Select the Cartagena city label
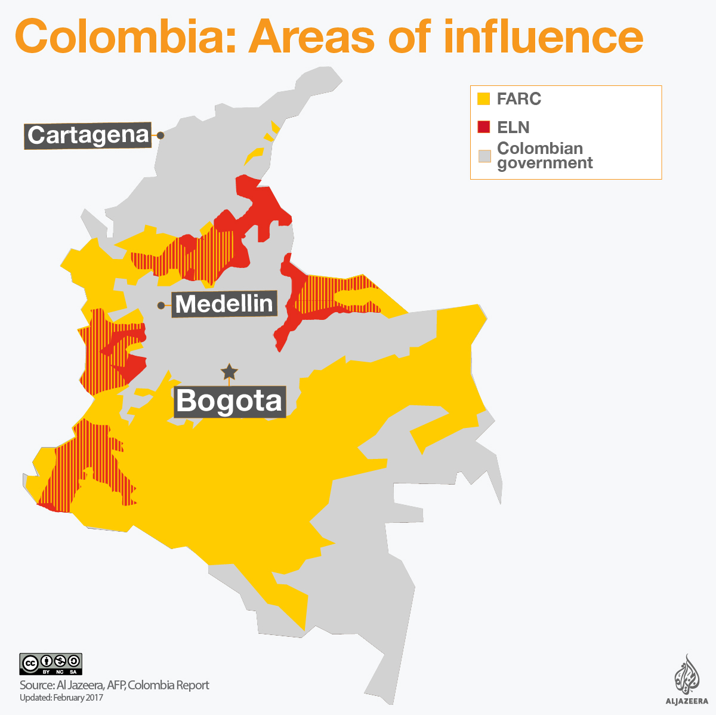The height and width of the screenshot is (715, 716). (x=88, y=135)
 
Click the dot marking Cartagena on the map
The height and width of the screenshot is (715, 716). (x=160, y=135)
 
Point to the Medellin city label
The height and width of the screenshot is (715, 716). (x=224, y=304)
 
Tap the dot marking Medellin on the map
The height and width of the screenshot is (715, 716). (x=161, y=306)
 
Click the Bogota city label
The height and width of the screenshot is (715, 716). (x=230, y=400)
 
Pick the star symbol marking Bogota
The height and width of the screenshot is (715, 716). (x=229, y=372)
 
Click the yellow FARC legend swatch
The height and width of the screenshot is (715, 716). (x=483, y=98)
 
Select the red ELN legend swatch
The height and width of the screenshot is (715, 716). (x=483, y=127)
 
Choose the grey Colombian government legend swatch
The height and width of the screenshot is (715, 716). (x=484, y=156)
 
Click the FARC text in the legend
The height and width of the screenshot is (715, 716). (x=519, y=98)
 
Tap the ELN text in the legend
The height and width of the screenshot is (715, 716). (x=513, y=127)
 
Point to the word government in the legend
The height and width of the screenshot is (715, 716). (x=545, y=164)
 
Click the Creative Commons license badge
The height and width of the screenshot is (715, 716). (x=51, y=664)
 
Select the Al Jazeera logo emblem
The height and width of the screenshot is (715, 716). (x=686, y=674)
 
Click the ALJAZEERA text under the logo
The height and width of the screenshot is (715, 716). (x=686, y=701)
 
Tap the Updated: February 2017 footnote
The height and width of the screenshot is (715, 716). (x=61, y=698)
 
